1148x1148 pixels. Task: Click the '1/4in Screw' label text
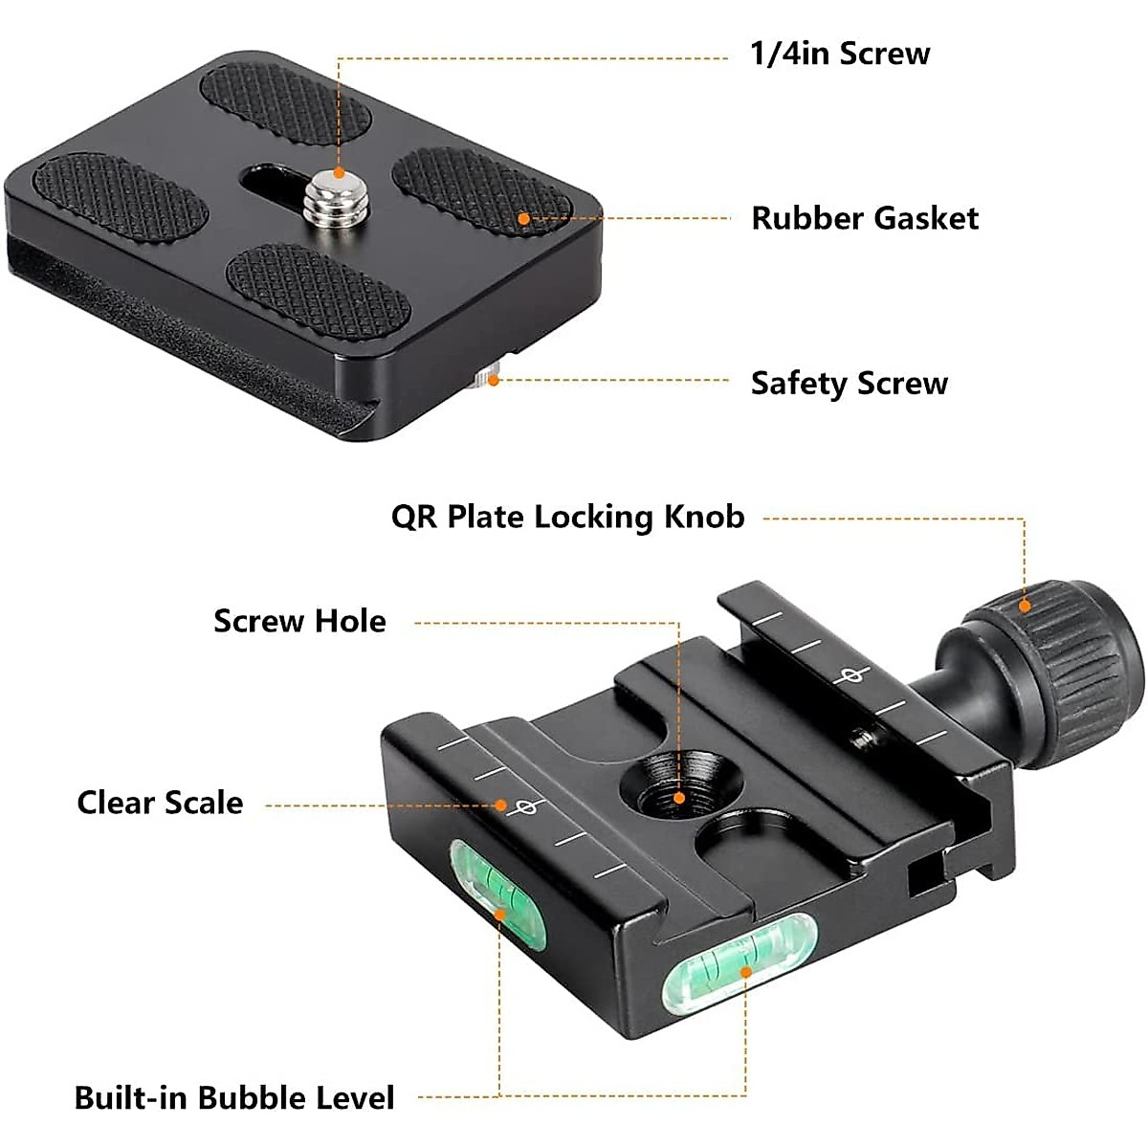point(840,55)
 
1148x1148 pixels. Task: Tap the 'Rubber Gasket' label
point(865,218)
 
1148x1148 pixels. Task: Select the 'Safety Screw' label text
point(849,383)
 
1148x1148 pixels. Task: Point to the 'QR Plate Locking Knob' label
point(567,517)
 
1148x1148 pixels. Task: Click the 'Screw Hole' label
point(299,621)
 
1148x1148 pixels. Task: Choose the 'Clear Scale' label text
point(161,803)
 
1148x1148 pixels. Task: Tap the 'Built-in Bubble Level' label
point(234,1097)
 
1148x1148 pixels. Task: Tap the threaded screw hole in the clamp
point(680,785)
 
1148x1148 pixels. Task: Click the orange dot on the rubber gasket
point(523,219)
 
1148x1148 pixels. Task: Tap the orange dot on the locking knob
point(1025,607)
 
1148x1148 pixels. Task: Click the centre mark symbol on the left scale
point(525,807)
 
